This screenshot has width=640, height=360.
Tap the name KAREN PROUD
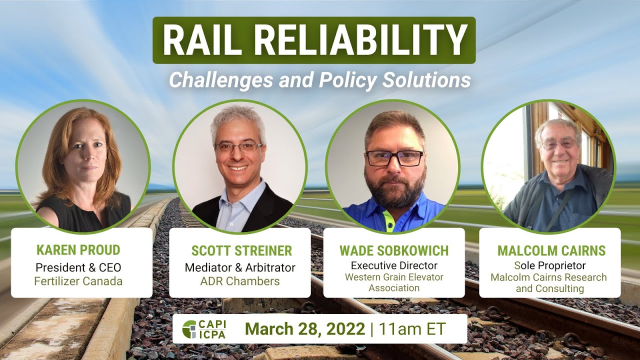pos(78,250)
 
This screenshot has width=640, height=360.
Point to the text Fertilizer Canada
pos(78,281)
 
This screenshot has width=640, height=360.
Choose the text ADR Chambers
pos(240,281)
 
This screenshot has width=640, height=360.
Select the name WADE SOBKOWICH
pos(394,250)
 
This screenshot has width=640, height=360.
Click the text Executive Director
pos(394,265)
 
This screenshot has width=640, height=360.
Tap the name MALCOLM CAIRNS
pos(551,250)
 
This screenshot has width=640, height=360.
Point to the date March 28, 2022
pos(305,329)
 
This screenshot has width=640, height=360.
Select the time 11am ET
pos(412,329)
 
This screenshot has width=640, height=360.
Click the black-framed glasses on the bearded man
pos(394,158)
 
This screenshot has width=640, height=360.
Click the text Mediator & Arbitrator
pos(240,267)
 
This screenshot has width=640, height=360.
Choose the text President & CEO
pos(78,267)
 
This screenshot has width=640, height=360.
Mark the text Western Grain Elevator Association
pos(394,282)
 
